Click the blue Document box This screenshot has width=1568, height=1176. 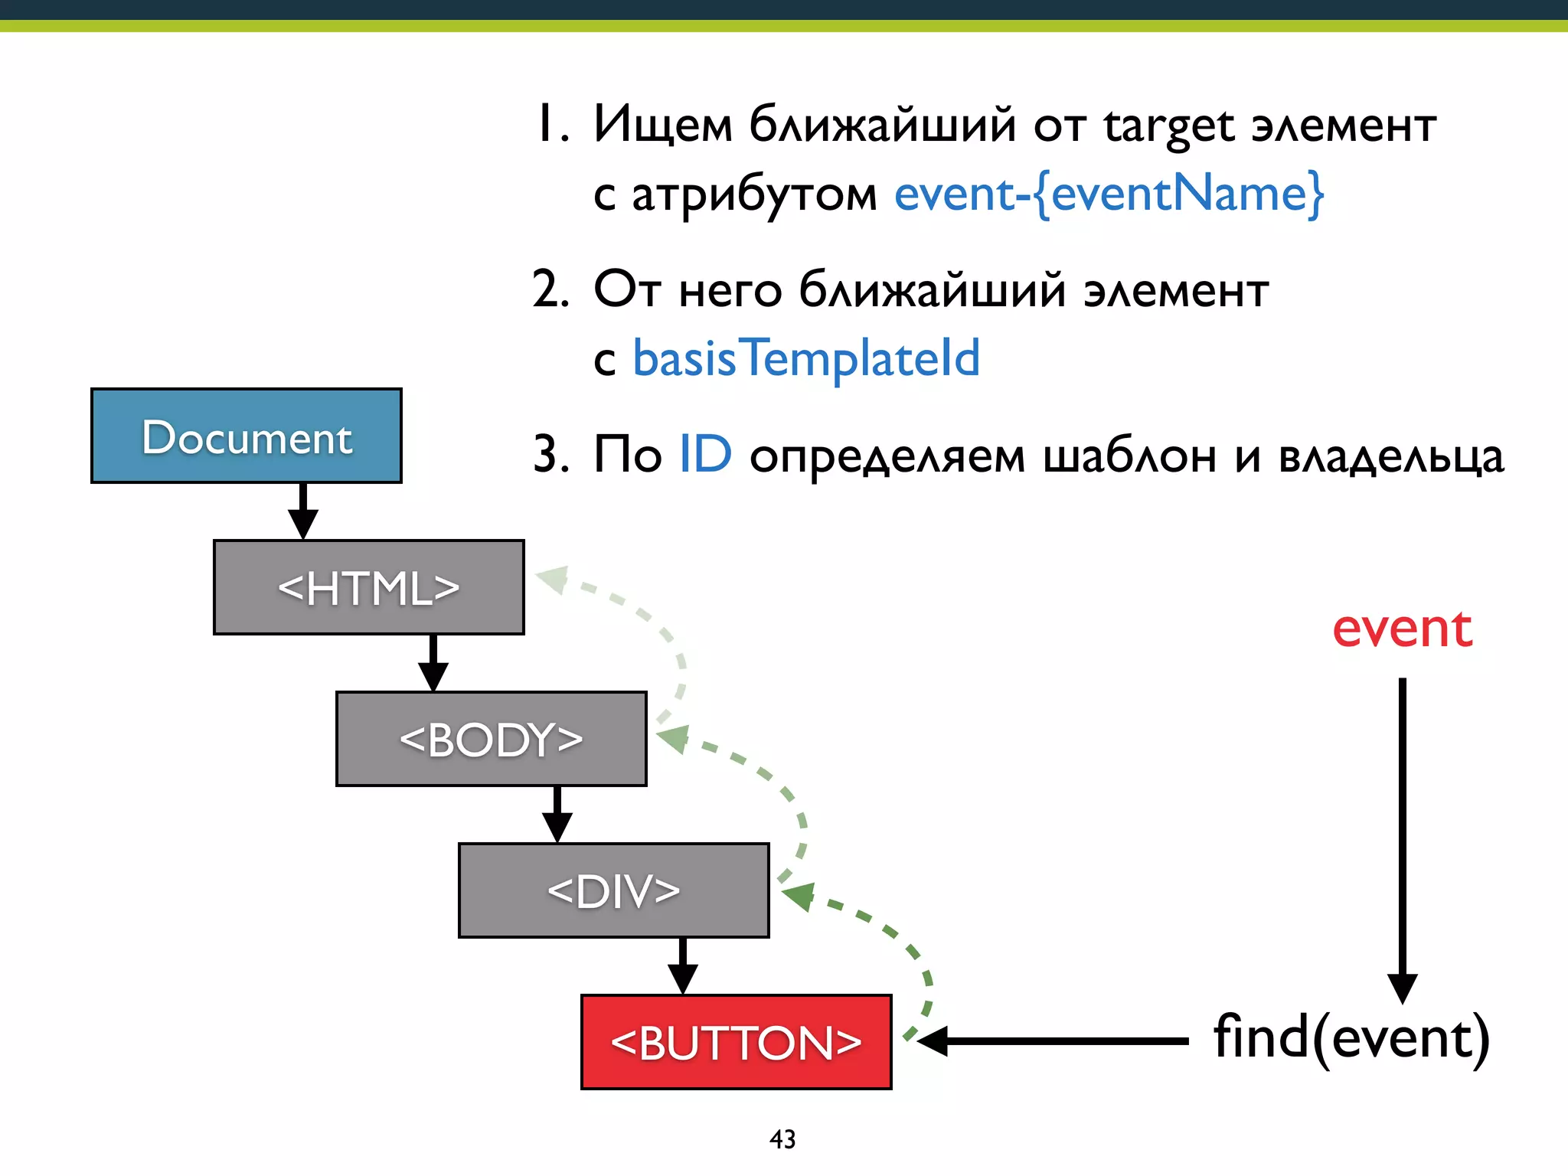click(x=246, y=436)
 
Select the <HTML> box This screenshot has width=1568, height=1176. click(x=368, y=587)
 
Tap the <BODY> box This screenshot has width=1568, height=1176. click(x=491, y=739)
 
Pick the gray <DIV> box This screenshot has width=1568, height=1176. click(x=613, y=890)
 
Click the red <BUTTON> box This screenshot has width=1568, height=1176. click(x=736, y=1042)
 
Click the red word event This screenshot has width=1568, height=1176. click(x=1402, y=629)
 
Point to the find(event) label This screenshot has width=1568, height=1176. click(x=1351, y=1038)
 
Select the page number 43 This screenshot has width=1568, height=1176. click(x=782, y=1139)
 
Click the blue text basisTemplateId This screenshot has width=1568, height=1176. click(x=805, y=358)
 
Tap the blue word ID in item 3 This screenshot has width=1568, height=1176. click(x=705, y=455)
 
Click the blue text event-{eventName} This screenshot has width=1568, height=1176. click(x=1108, y=194)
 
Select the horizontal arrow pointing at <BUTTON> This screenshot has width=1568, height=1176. click(x=1057, y=1041)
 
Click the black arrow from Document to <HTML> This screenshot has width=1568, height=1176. click(x=303, y=511)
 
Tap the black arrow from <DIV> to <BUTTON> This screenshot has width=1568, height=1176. click(x=682, y=966)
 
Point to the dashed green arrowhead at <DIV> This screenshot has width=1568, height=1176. click(x=799, y=895)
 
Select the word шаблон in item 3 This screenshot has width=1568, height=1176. click(x=1129, y=456)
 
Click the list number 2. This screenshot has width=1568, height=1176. click(x=550, y=291)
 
